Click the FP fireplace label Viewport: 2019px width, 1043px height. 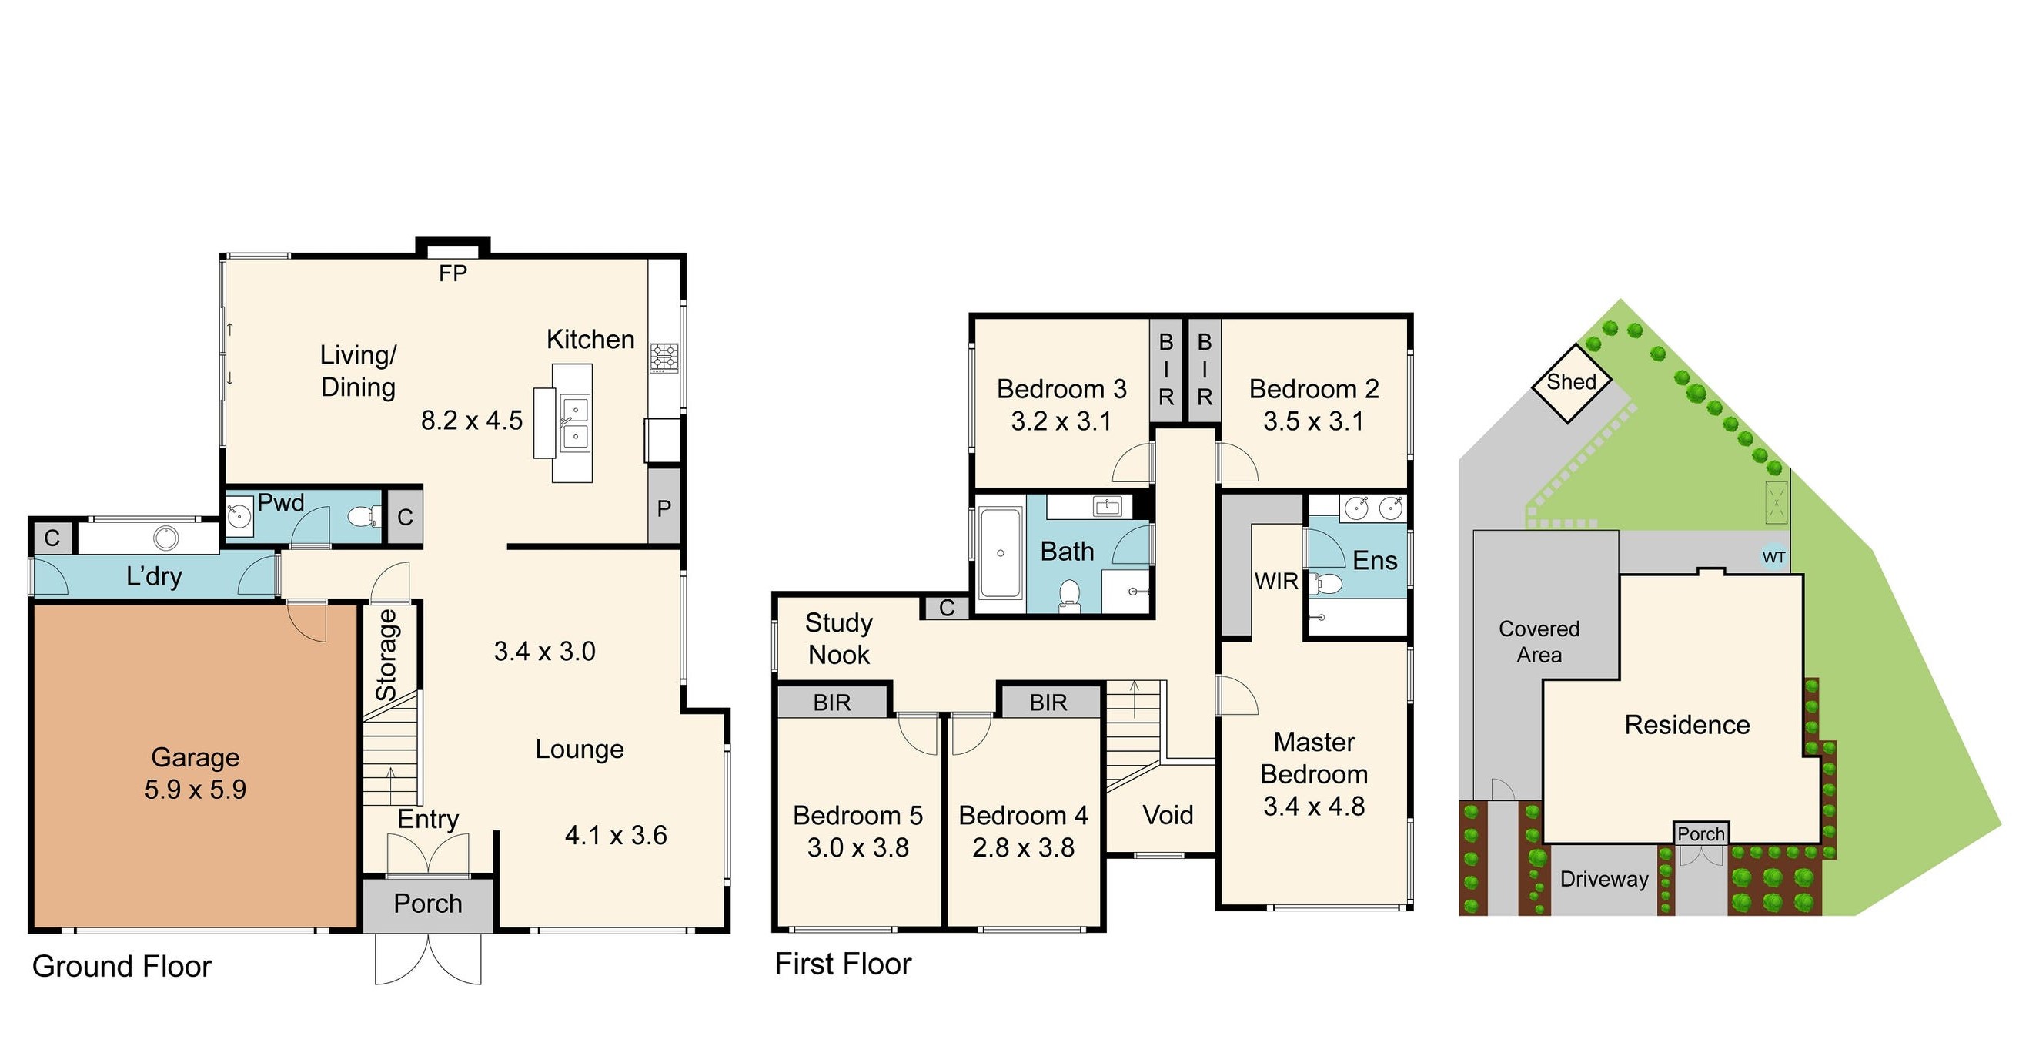coord(453,273)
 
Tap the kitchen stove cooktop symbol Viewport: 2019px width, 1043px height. coord(663,357)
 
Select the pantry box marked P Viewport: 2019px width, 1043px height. coord(664,508)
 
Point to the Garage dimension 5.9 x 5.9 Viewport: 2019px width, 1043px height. coord(196,789)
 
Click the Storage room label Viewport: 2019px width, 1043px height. coord(387,655)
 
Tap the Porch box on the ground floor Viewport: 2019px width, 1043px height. coord(428,904)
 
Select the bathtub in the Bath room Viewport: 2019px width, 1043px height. coord(1000,553)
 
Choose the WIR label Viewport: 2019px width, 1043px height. coord(1276,581)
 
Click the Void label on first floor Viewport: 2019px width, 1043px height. coord(1168,815)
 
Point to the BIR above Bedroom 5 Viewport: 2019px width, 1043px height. coord(831,702)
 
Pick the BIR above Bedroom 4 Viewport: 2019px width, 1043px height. coord(1048,702)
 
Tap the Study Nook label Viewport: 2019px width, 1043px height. coord(839,639)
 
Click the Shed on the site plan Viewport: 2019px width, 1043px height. coord(1571,383)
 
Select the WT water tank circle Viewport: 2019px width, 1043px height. coord(1773,558)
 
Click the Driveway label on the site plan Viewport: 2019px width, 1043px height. coord(1603,879)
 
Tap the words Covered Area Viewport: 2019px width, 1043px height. coord(1539,642)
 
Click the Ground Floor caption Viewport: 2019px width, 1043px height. coord(122,966)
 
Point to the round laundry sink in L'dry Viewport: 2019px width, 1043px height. coord(166,538)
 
